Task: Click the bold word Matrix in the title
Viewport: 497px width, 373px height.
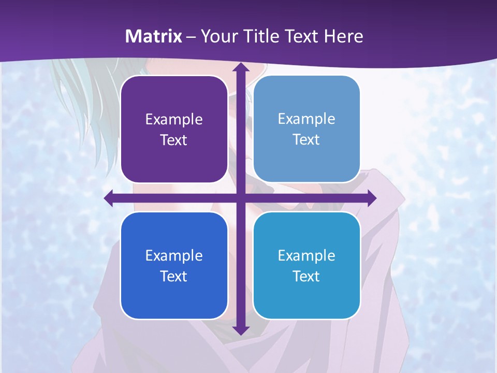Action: (x=154, y=36)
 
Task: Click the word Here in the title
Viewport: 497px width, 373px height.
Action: (x=343, y=36)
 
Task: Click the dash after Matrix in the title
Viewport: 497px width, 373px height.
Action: (x=191, y=37)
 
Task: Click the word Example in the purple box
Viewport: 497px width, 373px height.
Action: (x=174, y=120)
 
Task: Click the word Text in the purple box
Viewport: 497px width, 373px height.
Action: (x=174, y=140)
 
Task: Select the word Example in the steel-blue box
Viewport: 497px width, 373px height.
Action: (x=306, y=119)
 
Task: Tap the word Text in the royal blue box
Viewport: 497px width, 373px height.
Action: (x=174, y=277)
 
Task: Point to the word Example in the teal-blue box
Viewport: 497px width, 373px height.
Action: (x=306, y=255)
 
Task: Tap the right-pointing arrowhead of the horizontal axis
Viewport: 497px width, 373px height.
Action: (x=371, y=198)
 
